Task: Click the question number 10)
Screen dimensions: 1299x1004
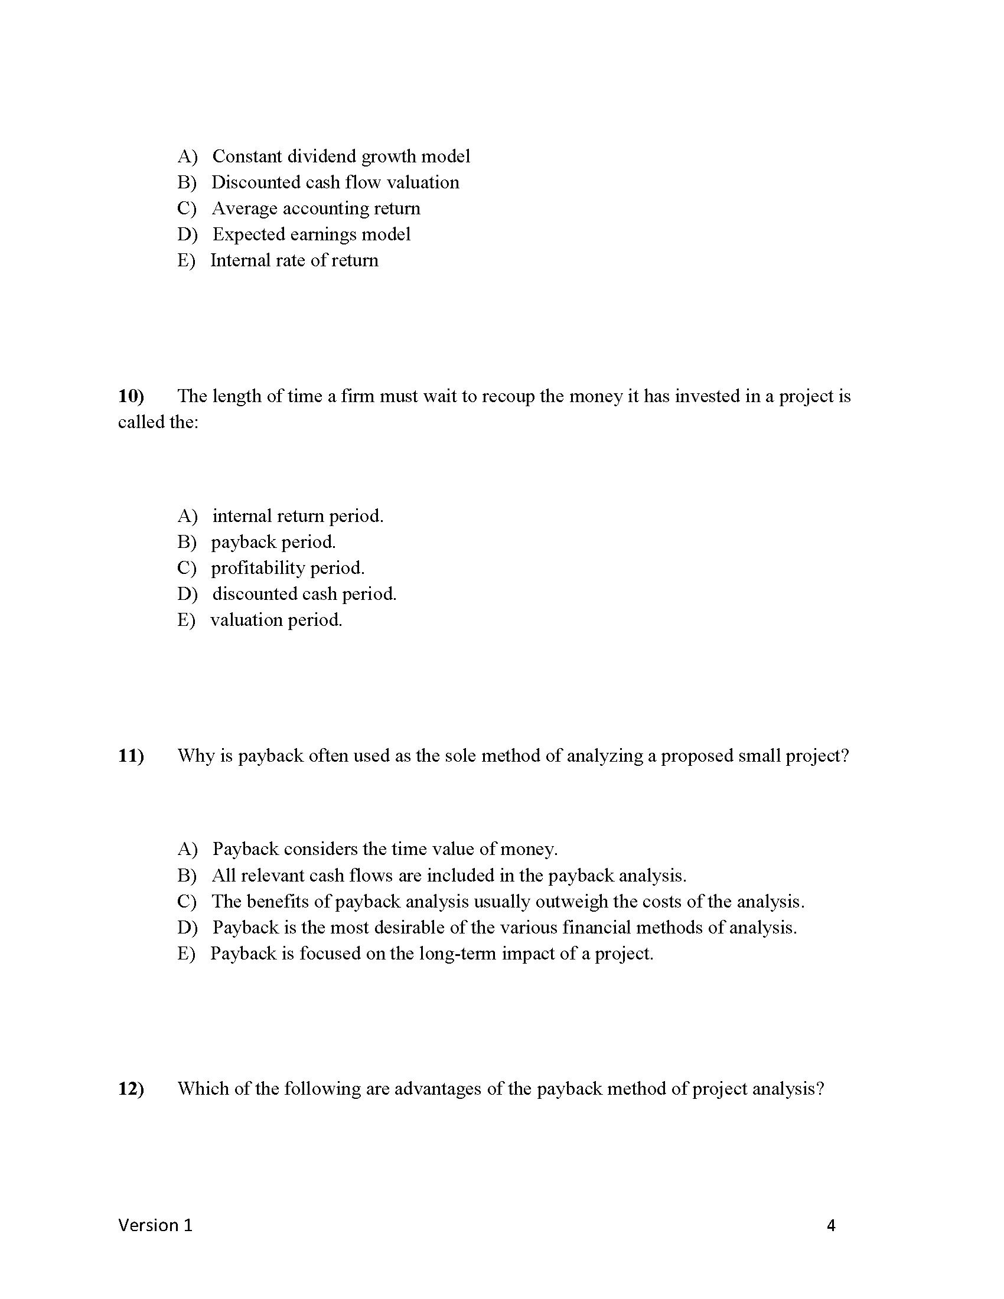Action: pos(131,396)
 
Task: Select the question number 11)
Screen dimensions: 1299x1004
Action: pos(131,756)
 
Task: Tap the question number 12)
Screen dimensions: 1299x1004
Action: pos(131,1089)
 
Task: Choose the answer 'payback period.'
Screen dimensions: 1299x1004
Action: pos(273,542)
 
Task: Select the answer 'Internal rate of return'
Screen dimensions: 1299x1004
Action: pos(294,260)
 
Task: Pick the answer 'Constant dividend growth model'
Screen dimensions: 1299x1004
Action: pos(341,156)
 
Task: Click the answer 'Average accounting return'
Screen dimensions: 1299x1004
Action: pos(316,208)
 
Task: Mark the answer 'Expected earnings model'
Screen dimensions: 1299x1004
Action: pos(311,234)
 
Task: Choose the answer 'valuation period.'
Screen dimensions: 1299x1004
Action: pos(276,621)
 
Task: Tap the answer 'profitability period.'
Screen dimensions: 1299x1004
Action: pos(287,568)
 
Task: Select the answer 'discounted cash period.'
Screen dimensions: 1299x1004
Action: pos(304,594)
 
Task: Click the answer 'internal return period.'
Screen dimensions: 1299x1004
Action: pos(298,515)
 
